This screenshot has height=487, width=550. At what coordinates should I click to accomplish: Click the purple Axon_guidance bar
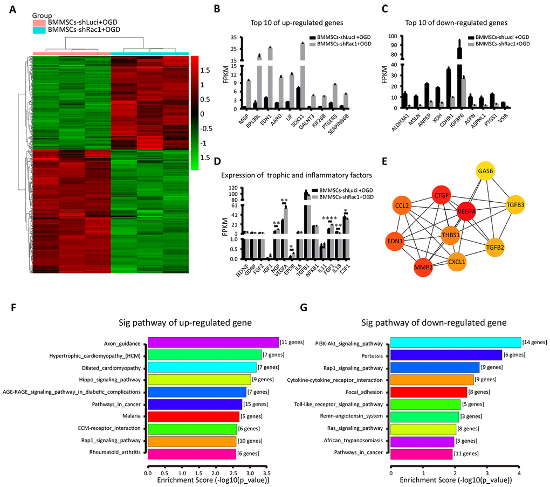213,342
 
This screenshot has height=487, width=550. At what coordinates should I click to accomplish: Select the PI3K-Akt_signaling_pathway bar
456,342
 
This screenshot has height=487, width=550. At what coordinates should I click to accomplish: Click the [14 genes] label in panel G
535,342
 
